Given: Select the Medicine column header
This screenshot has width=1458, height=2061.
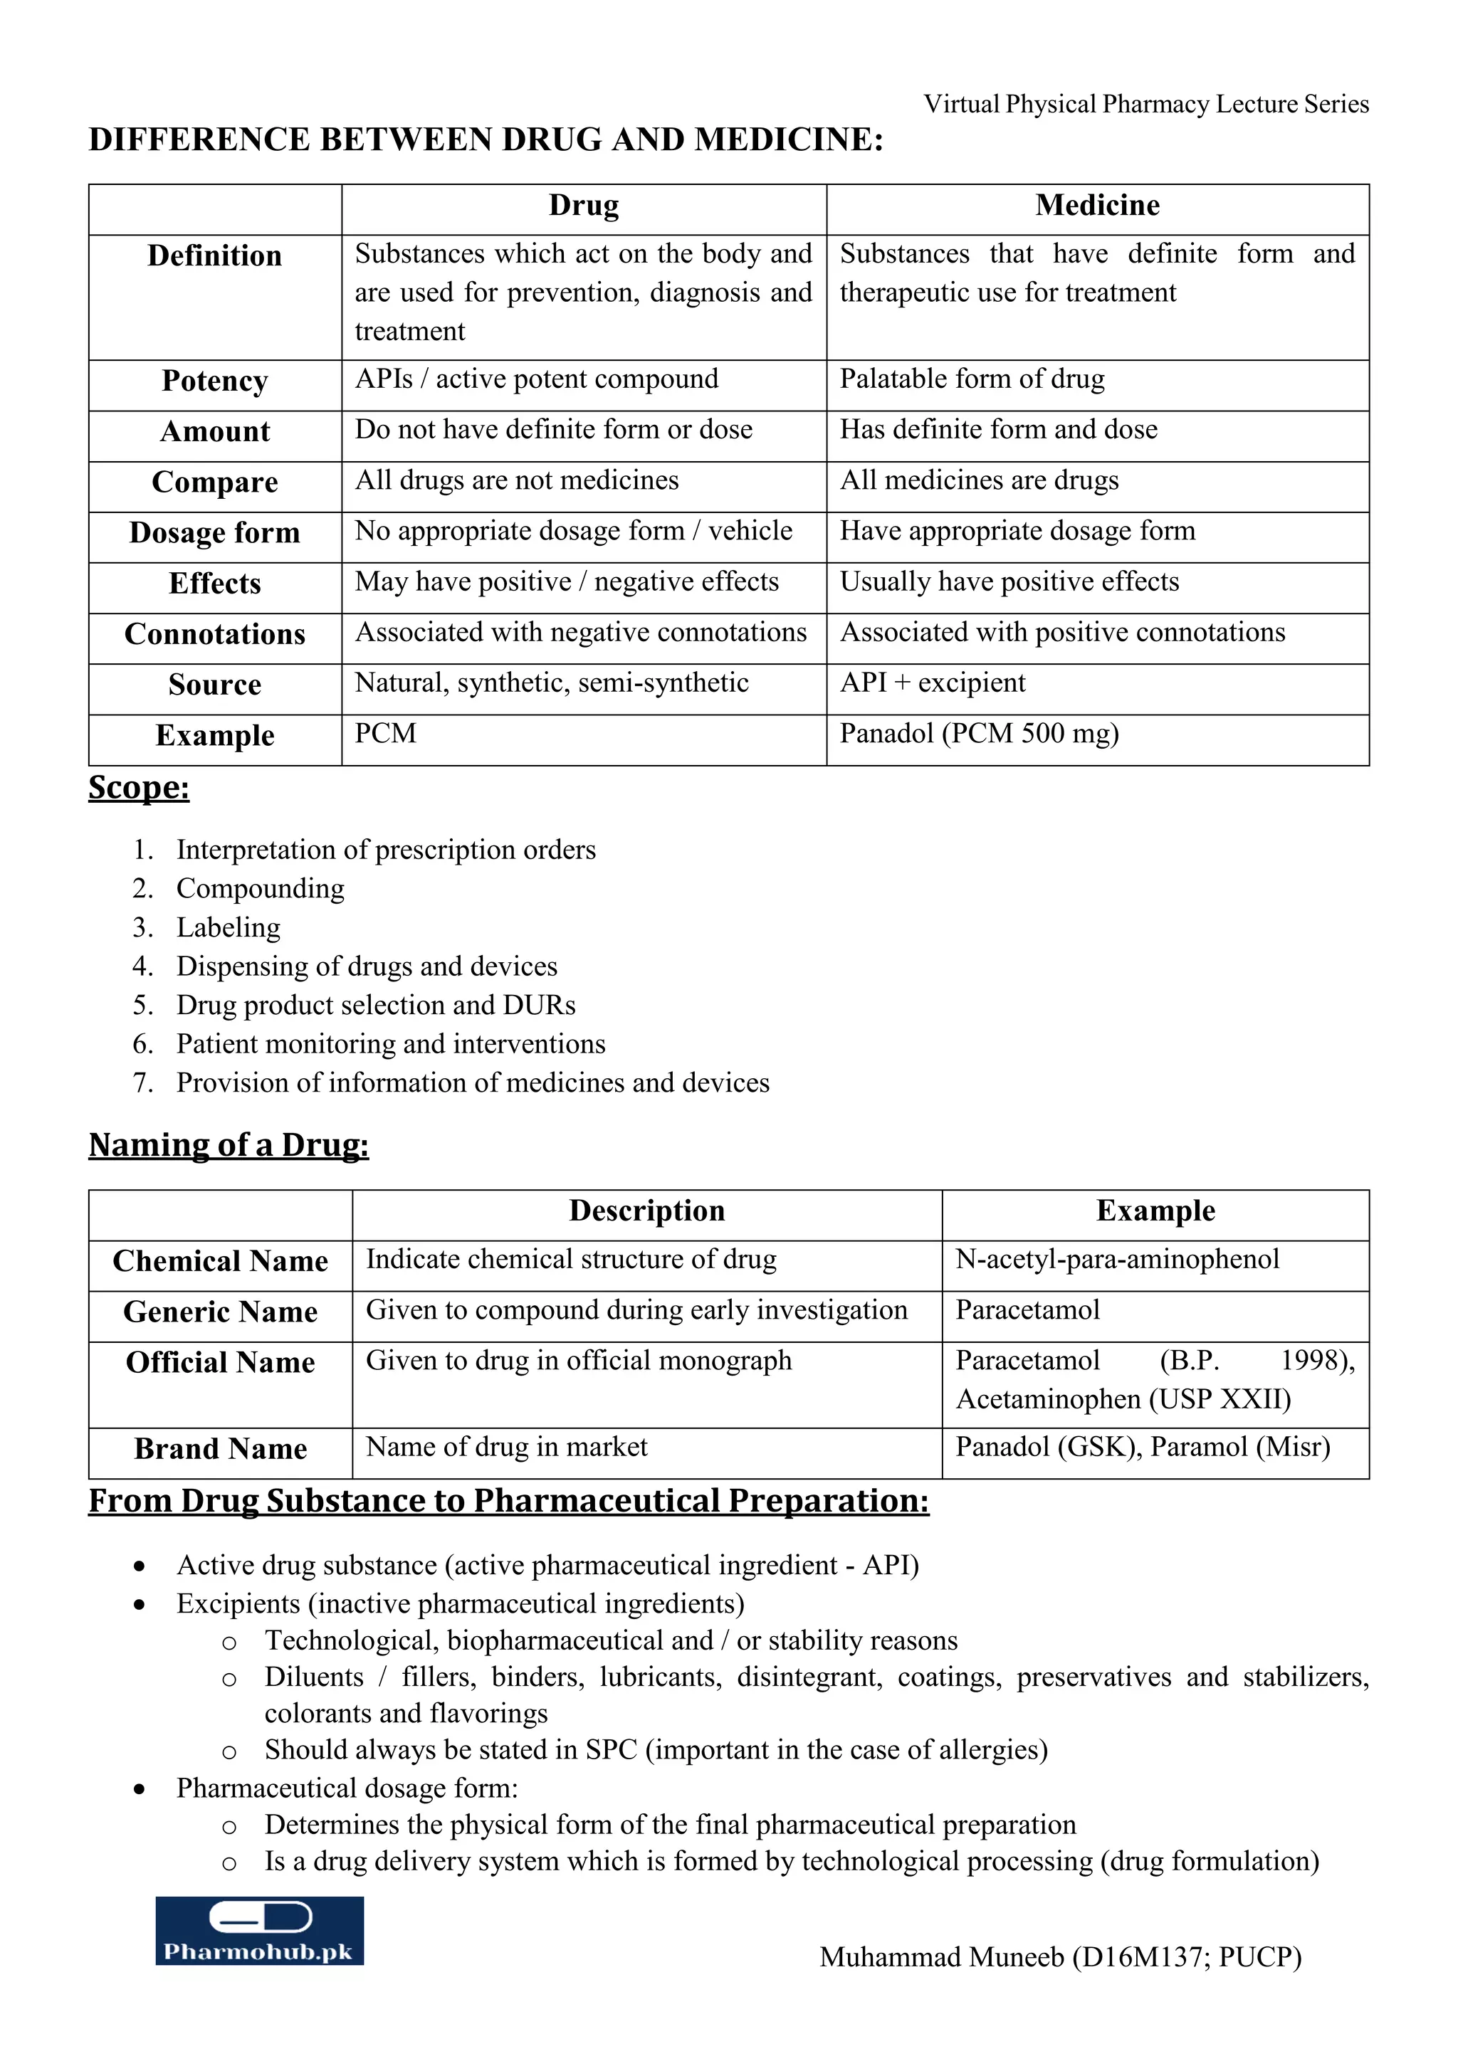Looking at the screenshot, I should pos(1097,206).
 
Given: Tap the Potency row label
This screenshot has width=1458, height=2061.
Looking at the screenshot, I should pos(214,381).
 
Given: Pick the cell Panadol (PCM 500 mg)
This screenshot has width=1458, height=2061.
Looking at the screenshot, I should pos(980,734).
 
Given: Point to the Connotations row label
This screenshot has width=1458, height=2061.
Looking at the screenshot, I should pos(214,633).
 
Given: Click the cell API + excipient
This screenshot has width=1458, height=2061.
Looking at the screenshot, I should pos(932,683).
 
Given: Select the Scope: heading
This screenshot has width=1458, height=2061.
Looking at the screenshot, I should pos(139,787).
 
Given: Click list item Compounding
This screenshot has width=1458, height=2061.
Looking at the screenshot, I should pos(261,889).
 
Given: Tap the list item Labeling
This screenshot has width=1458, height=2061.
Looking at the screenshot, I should pos(228,927).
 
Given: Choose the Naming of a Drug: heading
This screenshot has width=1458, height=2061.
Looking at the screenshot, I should pos(229,1144).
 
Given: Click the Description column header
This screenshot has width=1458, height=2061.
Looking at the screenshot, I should pos(646,1211).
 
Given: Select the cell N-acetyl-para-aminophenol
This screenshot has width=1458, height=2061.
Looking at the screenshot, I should pos(1117,1260).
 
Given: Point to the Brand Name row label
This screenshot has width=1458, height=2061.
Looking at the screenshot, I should pos(221,1449).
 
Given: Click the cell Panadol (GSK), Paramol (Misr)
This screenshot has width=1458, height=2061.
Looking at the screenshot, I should pos(1142,1447).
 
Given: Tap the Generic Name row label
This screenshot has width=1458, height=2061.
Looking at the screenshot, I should pos(221,1312).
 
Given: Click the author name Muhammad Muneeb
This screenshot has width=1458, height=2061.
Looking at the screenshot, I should pos(942,1957).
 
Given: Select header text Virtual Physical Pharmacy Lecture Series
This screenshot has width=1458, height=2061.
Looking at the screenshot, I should pos(1145,104).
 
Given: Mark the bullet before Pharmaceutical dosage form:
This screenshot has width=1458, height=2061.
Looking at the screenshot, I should pos(139,1789).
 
